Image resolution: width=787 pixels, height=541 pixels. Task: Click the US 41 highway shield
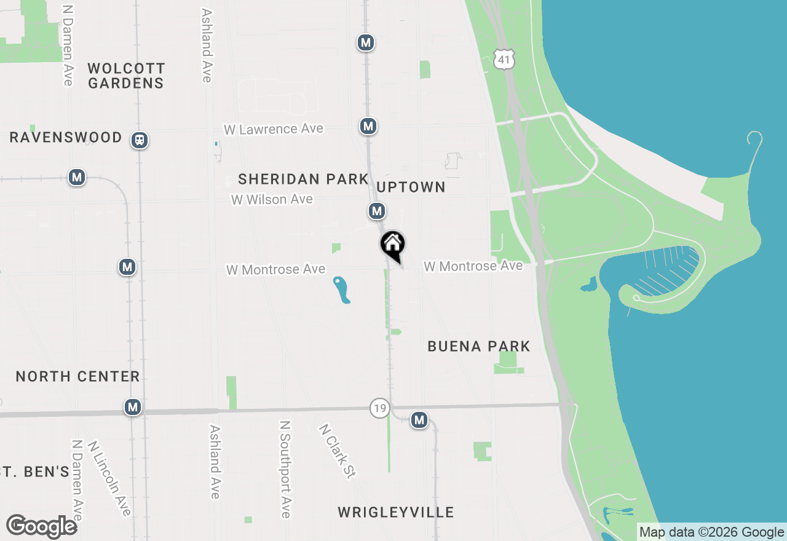tap(504, 59)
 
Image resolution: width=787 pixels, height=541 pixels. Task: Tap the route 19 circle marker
tap(380, 408)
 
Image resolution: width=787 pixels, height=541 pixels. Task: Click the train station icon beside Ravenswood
tap(140, 141)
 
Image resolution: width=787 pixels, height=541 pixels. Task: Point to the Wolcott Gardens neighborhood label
tap(126, 76)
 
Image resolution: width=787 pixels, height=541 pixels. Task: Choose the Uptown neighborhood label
tap(411, 187)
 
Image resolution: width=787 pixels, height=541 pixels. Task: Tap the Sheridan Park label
tap(303, 179)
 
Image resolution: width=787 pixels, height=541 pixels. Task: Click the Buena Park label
tap(479, 346)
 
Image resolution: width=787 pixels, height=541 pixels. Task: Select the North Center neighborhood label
tap(78, 376)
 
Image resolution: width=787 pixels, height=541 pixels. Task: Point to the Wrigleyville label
tap(396, 512)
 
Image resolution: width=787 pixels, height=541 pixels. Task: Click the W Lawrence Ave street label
tap(274, 129)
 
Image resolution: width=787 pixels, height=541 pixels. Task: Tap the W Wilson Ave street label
tap(272, 200)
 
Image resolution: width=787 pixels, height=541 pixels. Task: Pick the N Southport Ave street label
tap(285, 469)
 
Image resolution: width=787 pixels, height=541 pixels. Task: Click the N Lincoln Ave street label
tap(109, 478)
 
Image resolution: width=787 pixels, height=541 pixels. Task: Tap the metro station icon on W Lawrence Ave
tap(368, 126)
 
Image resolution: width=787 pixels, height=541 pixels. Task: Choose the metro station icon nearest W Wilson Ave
tap(377, 211)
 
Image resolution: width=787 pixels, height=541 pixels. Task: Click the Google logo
tap(42, 527)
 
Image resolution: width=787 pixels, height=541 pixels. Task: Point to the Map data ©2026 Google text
tap(712, 532)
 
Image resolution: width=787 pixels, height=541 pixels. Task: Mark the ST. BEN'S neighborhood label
tap(34, 472)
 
